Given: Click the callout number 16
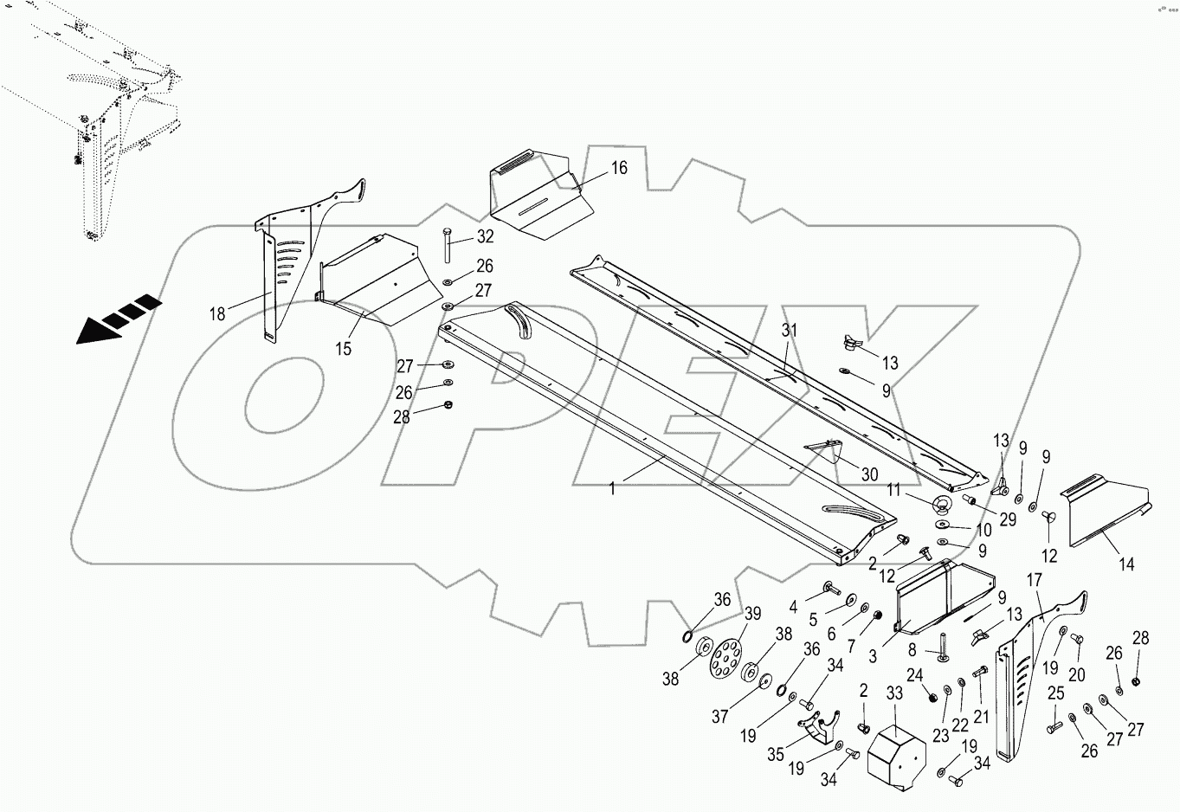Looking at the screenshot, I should [619, 168].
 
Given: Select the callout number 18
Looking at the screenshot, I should [217, 314].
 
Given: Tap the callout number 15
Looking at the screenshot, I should [344, 348].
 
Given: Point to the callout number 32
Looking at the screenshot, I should [485, 235].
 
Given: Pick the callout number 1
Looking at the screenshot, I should [612, 488].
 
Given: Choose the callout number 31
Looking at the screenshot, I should [789, 330].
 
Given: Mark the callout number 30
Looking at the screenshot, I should [869, 474].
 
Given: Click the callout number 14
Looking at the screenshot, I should [1125, 565].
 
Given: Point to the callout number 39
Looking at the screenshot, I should [752, 614].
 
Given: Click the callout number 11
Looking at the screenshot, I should [894, 490].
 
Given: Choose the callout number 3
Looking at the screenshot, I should [873, 656].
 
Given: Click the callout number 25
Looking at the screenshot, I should [1055, 693].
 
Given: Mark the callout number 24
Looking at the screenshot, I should [915, 675].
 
